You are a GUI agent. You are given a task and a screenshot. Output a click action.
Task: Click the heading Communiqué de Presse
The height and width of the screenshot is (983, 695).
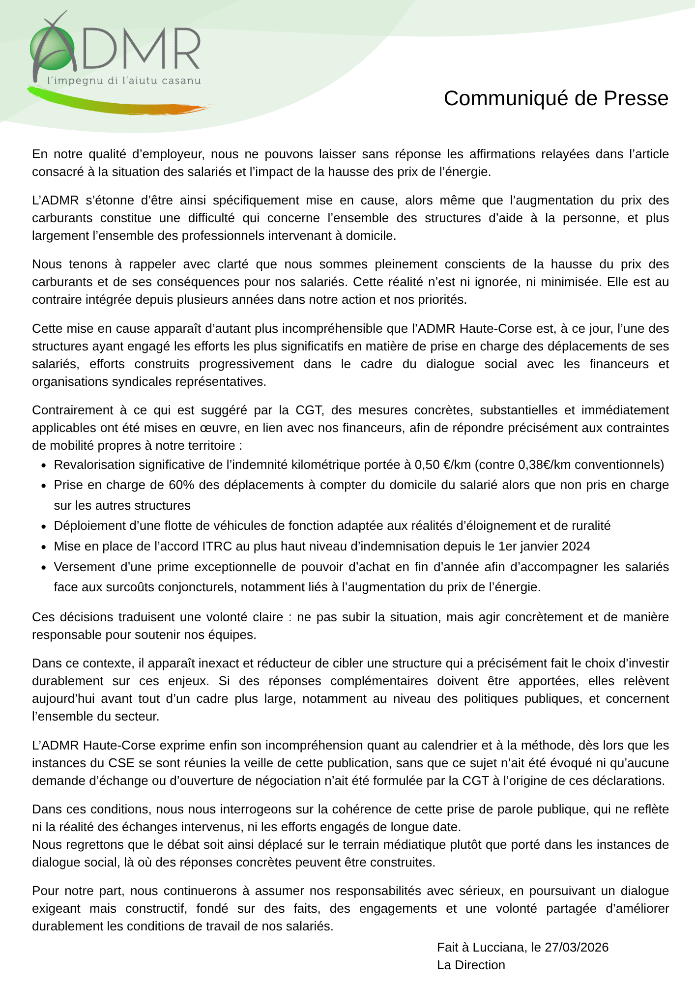(x=556, y=98)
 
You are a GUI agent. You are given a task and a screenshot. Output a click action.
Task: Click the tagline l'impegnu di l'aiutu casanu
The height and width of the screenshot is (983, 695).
(x=124, y=81)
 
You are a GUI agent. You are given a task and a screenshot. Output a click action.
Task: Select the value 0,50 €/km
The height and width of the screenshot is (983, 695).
(x=442, y=465)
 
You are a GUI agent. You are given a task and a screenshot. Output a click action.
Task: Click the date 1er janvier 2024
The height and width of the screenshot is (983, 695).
(x=544, y=547)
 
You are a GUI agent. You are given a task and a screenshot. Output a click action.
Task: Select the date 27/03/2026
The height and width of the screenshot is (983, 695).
(x=577, y=947)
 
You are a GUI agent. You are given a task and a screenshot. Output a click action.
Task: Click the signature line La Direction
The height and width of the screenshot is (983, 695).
(x=471, y=965)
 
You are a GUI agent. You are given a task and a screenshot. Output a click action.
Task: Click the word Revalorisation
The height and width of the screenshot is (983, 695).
(x=93, y=465)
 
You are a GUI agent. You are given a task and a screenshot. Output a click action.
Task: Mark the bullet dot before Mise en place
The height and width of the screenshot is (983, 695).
(x=44, y=547)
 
